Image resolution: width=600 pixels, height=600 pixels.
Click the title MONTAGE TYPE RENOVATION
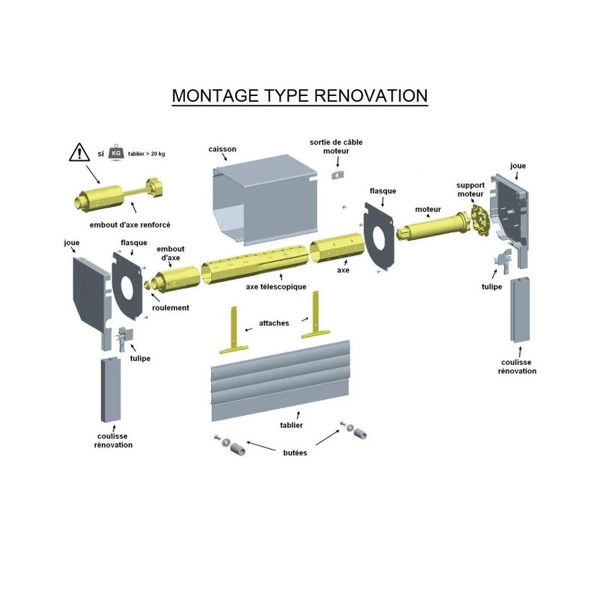pyautogui.click(x=299, y=96)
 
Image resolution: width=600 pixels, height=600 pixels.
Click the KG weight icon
pyautogui.click(x=115, y=154)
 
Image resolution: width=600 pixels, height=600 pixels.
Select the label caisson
pyautogui.click(x=222, y=149)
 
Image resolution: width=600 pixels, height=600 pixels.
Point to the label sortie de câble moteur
pyautogui.click(x=336, y=146)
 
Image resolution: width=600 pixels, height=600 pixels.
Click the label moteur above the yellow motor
pyautogui.click(x=428, y=209)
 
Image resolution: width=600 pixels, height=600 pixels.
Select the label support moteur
pyautogui.click(x=470, y=190)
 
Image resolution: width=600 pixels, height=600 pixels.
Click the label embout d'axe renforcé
pyautogui.click(x=130, y=224)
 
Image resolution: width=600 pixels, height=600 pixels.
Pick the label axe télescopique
pyautogui.click(x=276, y=287)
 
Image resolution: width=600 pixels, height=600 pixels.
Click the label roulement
pyautogui.click(x=170, y=308)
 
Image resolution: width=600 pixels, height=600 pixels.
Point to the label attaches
pyautogui.click(x=275, y=323)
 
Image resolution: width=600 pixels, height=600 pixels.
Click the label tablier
pyautogui.click(x=290, y=425)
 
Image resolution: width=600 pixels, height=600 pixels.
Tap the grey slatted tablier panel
pyautogui.click(x=279, y=378)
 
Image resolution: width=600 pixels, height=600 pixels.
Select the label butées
pyautogui.click(x=295, y=452)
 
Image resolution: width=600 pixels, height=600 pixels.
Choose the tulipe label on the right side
pyautogui.click(x=491, y=286)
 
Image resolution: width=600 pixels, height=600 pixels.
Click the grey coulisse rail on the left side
pyautogui.click(x=109, y=390)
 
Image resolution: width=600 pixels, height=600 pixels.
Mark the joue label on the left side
pyautogui.click(x=71, y=242)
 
